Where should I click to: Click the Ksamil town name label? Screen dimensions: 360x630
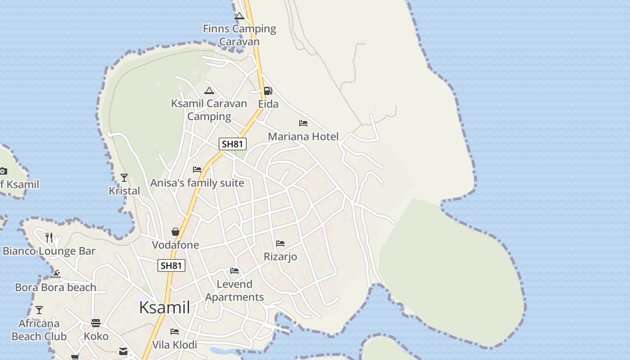pos(164,308)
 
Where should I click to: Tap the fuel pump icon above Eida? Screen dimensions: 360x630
pos(268,91)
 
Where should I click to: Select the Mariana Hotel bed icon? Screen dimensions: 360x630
pos(303,123)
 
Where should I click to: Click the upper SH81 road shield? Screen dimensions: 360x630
pos(233,144)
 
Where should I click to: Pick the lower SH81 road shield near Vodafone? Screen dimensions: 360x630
pos(171,265)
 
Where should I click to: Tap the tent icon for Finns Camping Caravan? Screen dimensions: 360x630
pos(239,16)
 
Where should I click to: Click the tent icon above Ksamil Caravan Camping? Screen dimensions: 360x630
pos(209,90)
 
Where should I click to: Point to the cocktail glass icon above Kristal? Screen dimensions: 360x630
pos(124,178)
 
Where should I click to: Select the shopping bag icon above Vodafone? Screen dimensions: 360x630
pos(175,232)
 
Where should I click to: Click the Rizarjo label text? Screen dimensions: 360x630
pos(280,257)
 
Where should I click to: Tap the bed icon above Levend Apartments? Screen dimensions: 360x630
pos(234,271)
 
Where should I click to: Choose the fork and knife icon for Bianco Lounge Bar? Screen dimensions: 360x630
pos(49,237)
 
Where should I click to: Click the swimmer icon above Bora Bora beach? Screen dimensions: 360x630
pos(56,274)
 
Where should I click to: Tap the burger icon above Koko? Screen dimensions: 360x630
pos(96,323)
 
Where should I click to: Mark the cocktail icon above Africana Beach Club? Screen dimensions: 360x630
pos(39,310)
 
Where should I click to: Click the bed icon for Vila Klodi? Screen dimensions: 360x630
pos(175,332)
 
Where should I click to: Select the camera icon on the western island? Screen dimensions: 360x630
pos(3,171)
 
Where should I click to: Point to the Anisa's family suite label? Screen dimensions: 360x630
pos(197,183)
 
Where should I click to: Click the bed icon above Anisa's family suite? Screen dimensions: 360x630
pos(197,170)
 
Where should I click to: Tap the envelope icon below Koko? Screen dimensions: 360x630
pos(123,351)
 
